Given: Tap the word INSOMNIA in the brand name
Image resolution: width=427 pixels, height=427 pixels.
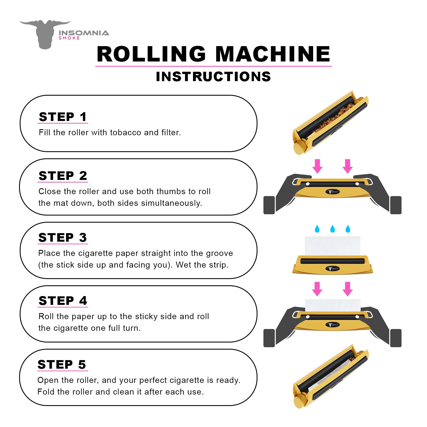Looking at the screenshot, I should (84, 33).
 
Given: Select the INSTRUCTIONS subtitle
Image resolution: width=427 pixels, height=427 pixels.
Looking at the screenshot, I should (213, 77).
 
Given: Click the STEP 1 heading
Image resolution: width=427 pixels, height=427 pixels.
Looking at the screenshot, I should (63, 117).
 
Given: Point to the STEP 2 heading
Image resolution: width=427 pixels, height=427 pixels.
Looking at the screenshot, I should (63, 176).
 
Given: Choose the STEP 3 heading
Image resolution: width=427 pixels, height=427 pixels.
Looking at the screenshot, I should (63, 238).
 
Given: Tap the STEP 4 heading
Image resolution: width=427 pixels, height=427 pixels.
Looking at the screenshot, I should (63, 301).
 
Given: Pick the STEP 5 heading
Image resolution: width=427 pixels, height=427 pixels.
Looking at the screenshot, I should (62, 365).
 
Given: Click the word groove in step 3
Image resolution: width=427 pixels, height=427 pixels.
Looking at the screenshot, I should (219, 253).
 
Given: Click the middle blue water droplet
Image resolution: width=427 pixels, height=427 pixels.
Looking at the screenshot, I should (332, 229).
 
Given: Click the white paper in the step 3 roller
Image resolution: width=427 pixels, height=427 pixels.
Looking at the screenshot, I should (332, 245).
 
